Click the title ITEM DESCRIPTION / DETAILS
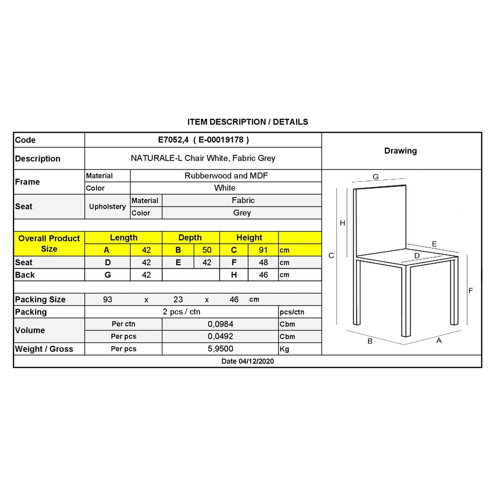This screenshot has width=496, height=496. pos(248,122)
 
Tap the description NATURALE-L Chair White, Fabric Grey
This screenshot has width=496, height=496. pos(203,158)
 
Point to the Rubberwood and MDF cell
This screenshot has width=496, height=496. pos(226,176)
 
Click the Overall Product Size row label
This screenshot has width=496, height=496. pos(49,243)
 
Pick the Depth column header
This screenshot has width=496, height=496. pos(190,238)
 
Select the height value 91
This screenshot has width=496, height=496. pos(263,250)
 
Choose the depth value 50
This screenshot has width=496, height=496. pos(207,250)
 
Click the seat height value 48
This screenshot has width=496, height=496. pos(263,262)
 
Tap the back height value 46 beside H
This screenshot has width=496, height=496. pos(263,275)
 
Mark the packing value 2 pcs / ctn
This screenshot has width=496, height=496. pos(182,312)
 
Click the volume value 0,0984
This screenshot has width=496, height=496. pos(221,324)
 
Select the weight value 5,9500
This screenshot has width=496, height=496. pos(221,349)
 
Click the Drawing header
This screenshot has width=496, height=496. pos(400,151)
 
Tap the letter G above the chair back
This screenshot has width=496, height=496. pos(376,177)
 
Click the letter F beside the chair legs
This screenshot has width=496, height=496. pos(470,291)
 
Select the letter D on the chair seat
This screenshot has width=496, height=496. pos(417,256)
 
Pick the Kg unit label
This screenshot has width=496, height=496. pos(285,349)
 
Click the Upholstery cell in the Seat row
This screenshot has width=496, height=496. pos(107,207)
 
